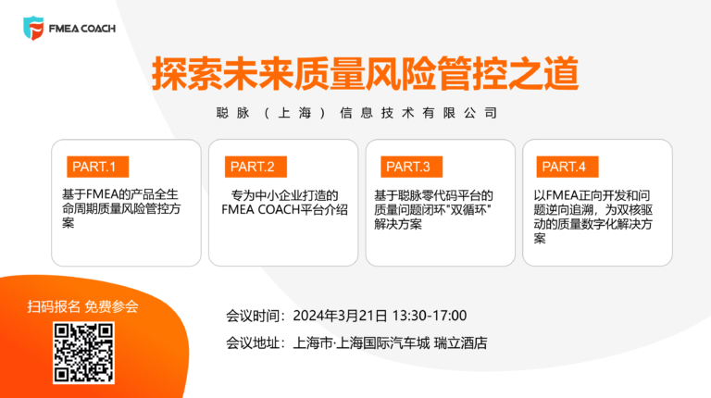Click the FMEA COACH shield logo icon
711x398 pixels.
33,28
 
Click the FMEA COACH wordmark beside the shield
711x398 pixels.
82,29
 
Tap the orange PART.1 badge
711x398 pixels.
97,167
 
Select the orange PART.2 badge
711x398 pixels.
256,167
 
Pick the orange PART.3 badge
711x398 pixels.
411,167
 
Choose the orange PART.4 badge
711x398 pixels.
568,167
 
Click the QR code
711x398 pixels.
83,354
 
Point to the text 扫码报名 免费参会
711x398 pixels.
83,307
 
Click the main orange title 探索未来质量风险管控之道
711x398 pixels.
365,73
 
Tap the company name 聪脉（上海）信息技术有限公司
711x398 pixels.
356,113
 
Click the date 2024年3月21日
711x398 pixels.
340,316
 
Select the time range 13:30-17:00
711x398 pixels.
430,316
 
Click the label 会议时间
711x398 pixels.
253,316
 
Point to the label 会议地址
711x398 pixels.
253,343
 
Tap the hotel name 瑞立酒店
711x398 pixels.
461,343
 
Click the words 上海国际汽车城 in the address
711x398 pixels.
383,343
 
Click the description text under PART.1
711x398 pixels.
121,208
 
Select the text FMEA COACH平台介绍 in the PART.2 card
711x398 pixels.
285,210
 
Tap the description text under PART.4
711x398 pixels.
593,217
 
